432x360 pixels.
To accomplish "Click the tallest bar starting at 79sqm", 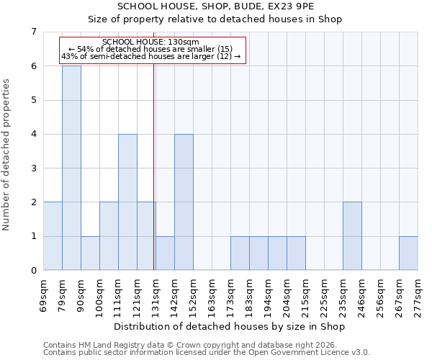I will pos(71,168).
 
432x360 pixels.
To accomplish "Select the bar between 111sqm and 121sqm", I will pos(127,202).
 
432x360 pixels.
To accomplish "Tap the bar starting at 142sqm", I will pos(184,202).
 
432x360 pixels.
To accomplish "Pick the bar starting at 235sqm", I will pos(352,236).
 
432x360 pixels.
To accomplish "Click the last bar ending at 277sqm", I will pos(408,253).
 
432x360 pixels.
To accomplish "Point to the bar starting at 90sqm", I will pos(90,253).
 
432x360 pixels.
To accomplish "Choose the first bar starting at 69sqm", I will pos(53,236).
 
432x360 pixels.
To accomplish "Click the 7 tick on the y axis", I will pos(33,32).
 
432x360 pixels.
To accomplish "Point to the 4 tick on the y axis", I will pos(33,134).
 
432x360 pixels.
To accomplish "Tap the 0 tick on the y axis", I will pos(33,271).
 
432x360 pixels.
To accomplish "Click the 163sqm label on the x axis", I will pos(212,295).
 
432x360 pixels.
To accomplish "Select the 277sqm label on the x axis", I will pos(418,295).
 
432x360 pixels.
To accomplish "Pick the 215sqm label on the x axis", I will pos(305,295).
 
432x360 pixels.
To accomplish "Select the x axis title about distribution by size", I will pos(230,327).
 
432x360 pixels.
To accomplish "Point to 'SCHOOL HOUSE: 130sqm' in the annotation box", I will pos(156,42).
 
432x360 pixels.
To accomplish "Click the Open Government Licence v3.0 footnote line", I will pos(207,353).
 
